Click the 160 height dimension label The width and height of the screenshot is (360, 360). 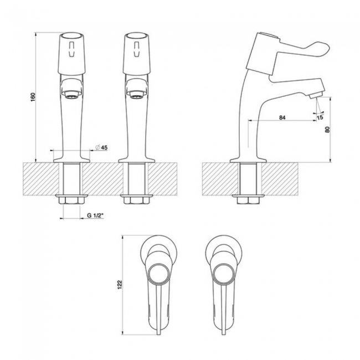coord(34,97)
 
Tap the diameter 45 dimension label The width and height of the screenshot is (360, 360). coord(101,147)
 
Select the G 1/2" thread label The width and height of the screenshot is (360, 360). coord(95,215)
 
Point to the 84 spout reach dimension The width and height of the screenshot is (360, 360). coord(282,117)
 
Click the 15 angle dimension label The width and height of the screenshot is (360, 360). coord(320,117)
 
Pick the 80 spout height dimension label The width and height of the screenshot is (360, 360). coord(328,130)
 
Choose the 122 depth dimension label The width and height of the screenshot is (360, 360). coord(120,285)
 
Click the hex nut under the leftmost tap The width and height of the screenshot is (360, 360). coord(71,200)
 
